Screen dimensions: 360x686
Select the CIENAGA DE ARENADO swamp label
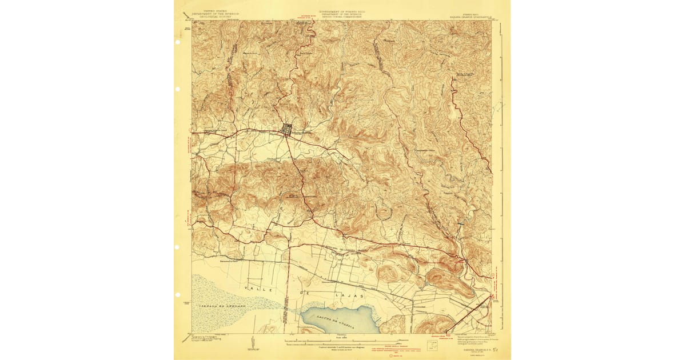(x=222, y=307)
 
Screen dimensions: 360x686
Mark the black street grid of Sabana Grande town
(x=288, y=130)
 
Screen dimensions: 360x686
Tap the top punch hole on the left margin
(x=178, y=90)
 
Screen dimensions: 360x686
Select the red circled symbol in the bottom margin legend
(x=390, y=355)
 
